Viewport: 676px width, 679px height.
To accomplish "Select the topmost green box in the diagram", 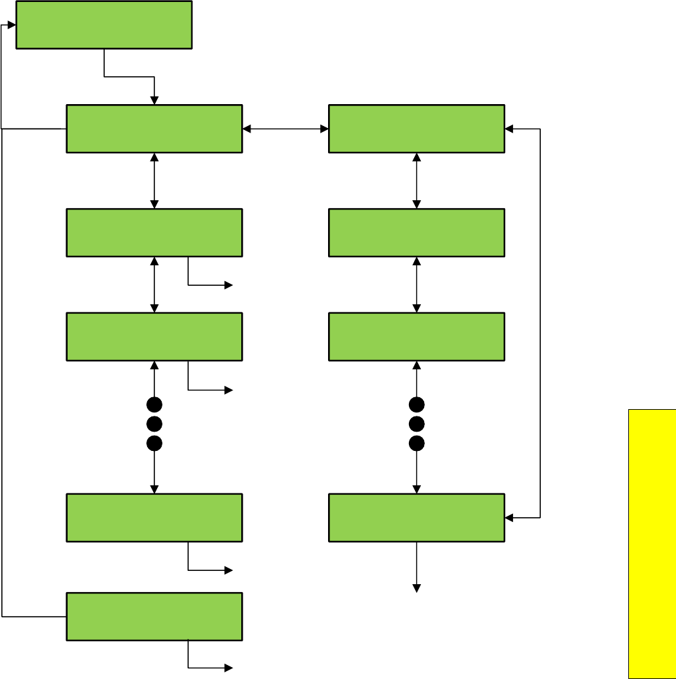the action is (104, 25).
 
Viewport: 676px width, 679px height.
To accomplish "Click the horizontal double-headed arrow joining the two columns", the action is (286, 129).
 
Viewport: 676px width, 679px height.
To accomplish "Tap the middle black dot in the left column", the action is (154, 424).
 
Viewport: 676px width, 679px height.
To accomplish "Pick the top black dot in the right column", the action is (416, 404).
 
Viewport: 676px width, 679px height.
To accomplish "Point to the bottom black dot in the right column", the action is (416, 443).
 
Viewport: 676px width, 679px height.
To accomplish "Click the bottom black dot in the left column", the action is (154, 443).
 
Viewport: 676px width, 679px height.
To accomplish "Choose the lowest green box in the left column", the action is (154, 616).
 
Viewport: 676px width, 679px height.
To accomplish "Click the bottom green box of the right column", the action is (416, 517).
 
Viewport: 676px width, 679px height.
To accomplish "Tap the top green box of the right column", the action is (416, 129).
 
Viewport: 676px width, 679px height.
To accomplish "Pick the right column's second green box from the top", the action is (416, 233).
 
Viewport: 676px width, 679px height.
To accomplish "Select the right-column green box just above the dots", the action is (416, 336).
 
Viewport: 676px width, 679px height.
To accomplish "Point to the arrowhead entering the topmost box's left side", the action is (11, 25).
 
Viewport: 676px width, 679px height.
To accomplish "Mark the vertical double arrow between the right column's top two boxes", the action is (416, 180).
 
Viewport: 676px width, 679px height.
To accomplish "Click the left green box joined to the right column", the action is (154, 129).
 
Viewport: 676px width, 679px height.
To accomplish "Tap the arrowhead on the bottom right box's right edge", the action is (509, 517).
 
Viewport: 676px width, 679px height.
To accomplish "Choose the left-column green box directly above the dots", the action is (154, 336).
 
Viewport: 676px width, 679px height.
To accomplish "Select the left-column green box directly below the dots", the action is (154, 517).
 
